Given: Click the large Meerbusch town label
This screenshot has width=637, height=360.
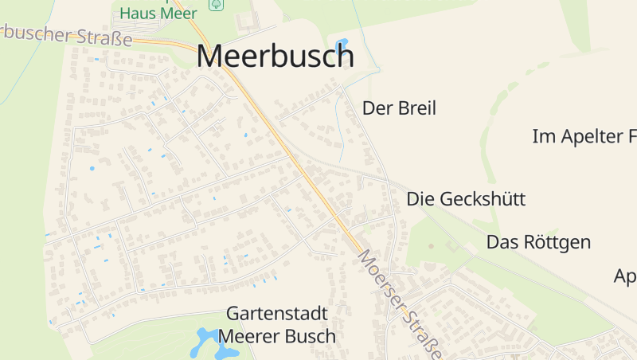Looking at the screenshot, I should point(275,56).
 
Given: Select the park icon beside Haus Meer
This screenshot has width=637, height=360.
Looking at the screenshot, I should point(215,4).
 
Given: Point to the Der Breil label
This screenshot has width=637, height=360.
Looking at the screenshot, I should point(399,108).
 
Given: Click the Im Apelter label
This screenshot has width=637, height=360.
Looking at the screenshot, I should point(584,136).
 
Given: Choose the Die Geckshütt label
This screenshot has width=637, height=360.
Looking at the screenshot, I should point(466,199).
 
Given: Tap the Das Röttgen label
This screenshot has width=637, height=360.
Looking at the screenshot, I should point(538,242).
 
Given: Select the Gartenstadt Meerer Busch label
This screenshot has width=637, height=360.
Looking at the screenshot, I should point(277,325).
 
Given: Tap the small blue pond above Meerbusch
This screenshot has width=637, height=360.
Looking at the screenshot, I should point(342,43).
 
